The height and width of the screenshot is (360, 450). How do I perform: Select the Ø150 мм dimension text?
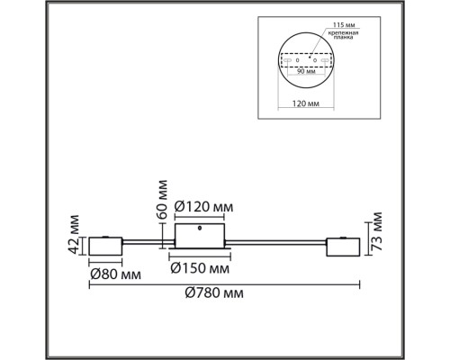(x=201, y=267)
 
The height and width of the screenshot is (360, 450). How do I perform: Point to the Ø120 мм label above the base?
(x=202, y=208)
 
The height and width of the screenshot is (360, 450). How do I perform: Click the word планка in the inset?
(x=344, y=40)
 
